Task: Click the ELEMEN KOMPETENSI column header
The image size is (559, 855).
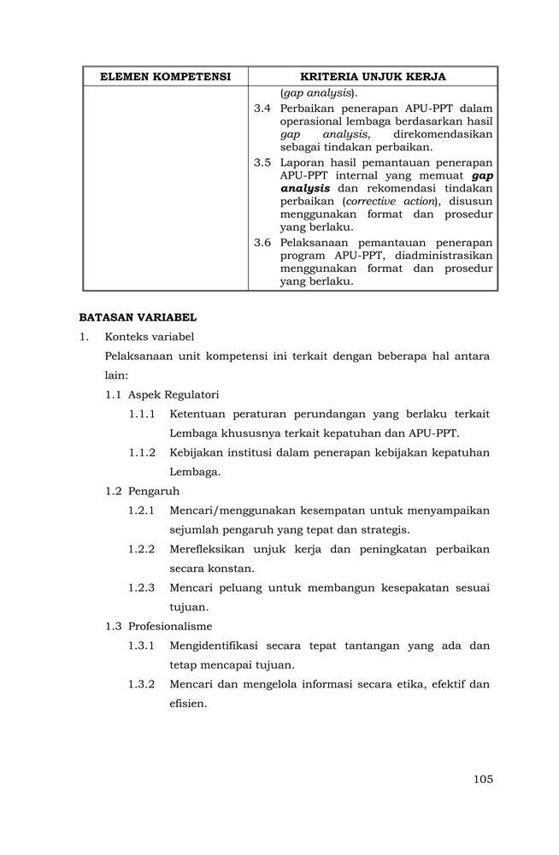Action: (x=166, y=77)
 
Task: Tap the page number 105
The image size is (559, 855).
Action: (x=482, y=779)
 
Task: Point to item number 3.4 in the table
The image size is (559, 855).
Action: (x=262, y=109)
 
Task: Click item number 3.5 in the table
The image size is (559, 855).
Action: (x=262, y=162)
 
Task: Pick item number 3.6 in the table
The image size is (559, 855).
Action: (x=262, y=243)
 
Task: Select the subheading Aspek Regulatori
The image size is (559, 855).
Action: (x=174, y=394)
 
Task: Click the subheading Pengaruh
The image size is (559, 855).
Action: (x=154, y=492)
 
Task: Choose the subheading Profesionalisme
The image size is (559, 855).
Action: (x=170, y=627)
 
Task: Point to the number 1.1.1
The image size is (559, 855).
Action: (x=142, y=414)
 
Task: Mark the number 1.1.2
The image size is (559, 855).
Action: (x=142, y=452)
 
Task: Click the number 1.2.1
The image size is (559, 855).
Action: (x=142, y=510)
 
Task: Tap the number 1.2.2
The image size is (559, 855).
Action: (x=142, y=549)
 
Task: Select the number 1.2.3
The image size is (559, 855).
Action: (x=142, y=587)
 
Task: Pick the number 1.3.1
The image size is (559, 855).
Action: (x=142, y=646)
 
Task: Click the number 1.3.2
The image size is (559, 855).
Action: (x=142, y=684)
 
